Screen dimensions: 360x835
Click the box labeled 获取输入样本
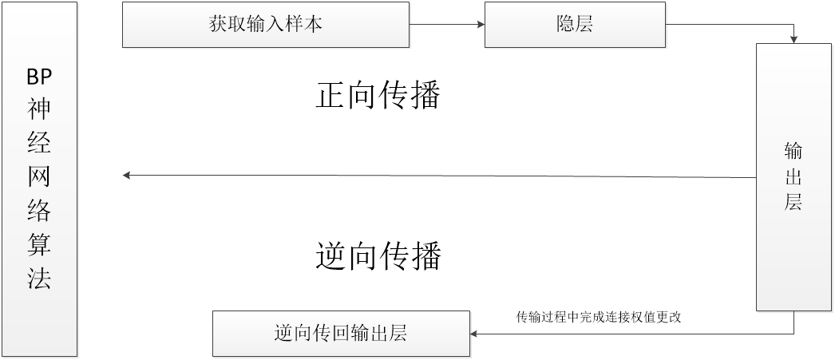(x=266, y=24)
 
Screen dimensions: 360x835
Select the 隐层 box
(x=575, y=24)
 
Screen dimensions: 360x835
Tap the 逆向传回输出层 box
(x=341, y=333)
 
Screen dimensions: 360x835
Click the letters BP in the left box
(x=39, y=77)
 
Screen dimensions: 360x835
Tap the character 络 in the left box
(x=39, y=212)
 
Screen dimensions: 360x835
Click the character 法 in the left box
(x=39, y=279)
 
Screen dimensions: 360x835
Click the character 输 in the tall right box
(x=793, y=152)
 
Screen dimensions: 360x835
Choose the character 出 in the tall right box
(x=793, y=176)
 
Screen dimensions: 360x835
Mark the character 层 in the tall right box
(x=793, y=202)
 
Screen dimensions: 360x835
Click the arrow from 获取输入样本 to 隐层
(x=447, y=24)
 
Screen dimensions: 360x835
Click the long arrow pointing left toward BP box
(x=439, y=176)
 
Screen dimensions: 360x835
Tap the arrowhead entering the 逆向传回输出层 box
(x=476, y=333)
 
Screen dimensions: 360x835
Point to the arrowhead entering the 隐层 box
(x=481, y=24)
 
